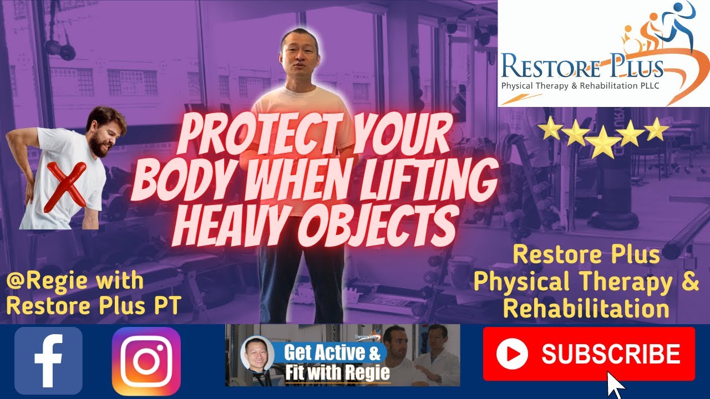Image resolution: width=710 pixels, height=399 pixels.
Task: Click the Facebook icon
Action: click(x=48, y=361)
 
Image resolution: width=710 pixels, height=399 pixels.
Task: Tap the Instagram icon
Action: click(x=146, y=361)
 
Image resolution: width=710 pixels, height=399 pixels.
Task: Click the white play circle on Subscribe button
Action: click(x=511, y=354)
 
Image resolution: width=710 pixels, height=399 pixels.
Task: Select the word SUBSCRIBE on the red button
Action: click(x=611, y=354)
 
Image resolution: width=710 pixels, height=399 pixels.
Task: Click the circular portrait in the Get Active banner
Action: click(x=257, y=354)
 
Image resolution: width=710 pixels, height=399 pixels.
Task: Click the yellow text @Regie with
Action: click(x=75, y=281)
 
